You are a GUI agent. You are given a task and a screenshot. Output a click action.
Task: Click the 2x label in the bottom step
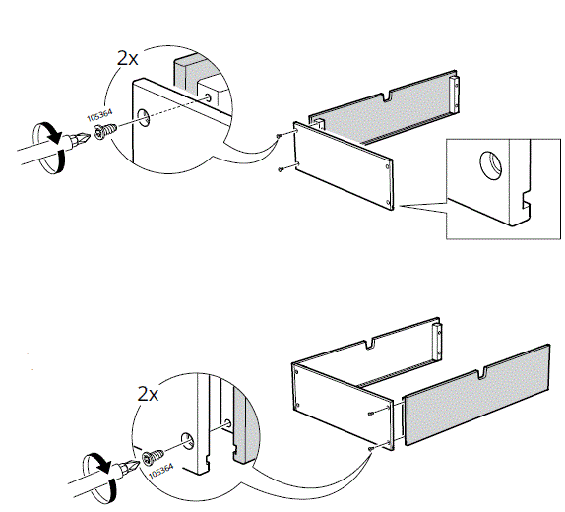(x=149, y=394)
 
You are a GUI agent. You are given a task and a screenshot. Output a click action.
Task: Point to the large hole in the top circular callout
(x=146, y=120)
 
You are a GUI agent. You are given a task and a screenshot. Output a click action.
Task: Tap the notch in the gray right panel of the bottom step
(x=483, y=374)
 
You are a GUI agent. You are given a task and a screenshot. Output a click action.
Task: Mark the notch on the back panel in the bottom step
(x=371, y=346)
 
